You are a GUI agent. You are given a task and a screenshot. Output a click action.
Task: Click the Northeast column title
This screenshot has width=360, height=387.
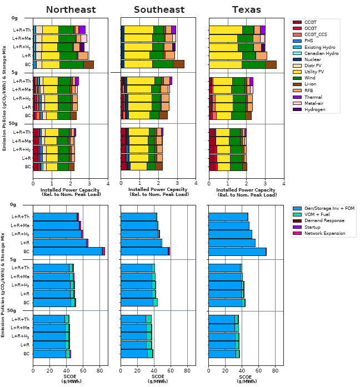[x=70, y=9]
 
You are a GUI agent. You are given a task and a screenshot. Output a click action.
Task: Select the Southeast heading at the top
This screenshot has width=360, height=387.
[x=158, y=9]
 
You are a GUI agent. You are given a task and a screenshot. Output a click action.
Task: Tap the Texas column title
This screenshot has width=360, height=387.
[x=246, y=9]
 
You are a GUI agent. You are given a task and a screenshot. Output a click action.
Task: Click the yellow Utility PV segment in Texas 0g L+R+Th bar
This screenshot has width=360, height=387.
[x=227, y=29]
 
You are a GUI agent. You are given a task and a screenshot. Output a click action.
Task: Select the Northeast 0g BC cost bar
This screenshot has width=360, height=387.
[x=67, y=251]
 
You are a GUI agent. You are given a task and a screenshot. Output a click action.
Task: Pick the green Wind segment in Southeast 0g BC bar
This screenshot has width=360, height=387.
[x=162, y=64]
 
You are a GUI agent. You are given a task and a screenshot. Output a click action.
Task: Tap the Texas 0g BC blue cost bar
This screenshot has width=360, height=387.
[x=237, y=251]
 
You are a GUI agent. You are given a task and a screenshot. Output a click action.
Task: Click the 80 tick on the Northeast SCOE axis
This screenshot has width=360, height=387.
[x=99, y=370]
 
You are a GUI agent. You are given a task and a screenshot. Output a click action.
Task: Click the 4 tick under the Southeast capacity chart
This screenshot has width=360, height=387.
[x=196, y=183]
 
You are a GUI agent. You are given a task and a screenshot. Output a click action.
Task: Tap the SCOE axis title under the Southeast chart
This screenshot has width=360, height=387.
[x=158, y=379]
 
